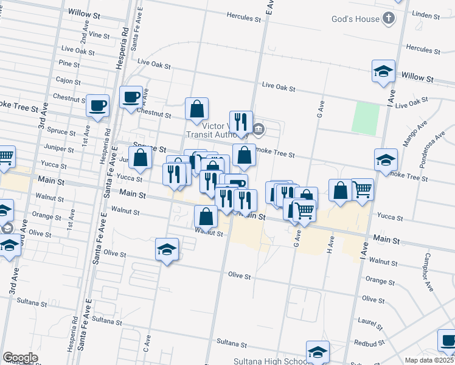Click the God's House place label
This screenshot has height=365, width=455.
coord(355,19)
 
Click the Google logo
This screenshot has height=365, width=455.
coord(20,358)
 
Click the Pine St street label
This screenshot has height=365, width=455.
coord(69,63)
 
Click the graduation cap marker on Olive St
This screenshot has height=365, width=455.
coord(167,249)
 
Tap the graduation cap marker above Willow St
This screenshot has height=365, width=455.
coord(384,71)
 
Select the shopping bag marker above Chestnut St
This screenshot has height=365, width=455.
coord(197,109)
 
